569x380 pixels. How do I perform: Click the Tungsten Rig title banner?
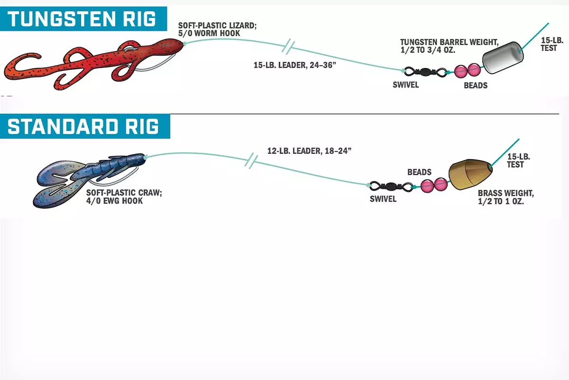(83, 19)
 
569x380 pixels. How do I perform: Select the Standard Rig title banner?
(85, 126)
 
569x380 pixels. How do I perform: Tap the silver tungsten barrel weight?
(503, 58)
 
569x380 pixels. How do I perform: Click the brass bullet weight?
(470, 175)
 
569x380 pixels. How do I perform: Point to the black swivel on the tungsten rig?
(425, 72)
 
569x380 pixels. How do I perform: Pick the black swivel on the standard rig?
(391, 187)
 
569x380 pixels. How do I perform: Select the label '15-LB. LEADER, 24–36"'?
(294, 65)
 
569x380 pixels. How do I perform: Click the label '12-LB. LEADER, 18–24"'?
(309, 151)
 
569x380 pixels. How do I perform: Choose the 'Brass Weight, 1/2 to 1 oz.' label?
(506, 197)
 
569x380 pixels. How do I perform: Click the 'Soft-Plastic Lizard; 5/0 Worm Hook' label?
(218, 29)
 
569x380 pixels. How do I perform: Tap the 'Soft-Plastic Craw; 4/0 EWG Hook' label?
(124, 197)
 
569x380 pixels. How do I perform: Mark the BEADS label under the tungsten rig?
(476, 85)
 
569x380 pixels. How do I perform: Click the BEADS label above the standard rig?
(419, 172)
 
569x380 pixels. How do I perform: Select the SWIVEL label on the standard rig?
(383, 199)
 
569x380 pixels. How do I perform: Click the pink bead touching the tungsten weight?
(474, 70)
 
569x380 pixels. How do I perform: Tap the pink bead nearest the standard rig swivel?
(427, 186)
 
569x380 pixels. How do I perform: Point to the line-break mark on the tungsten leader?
(288, 47)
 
